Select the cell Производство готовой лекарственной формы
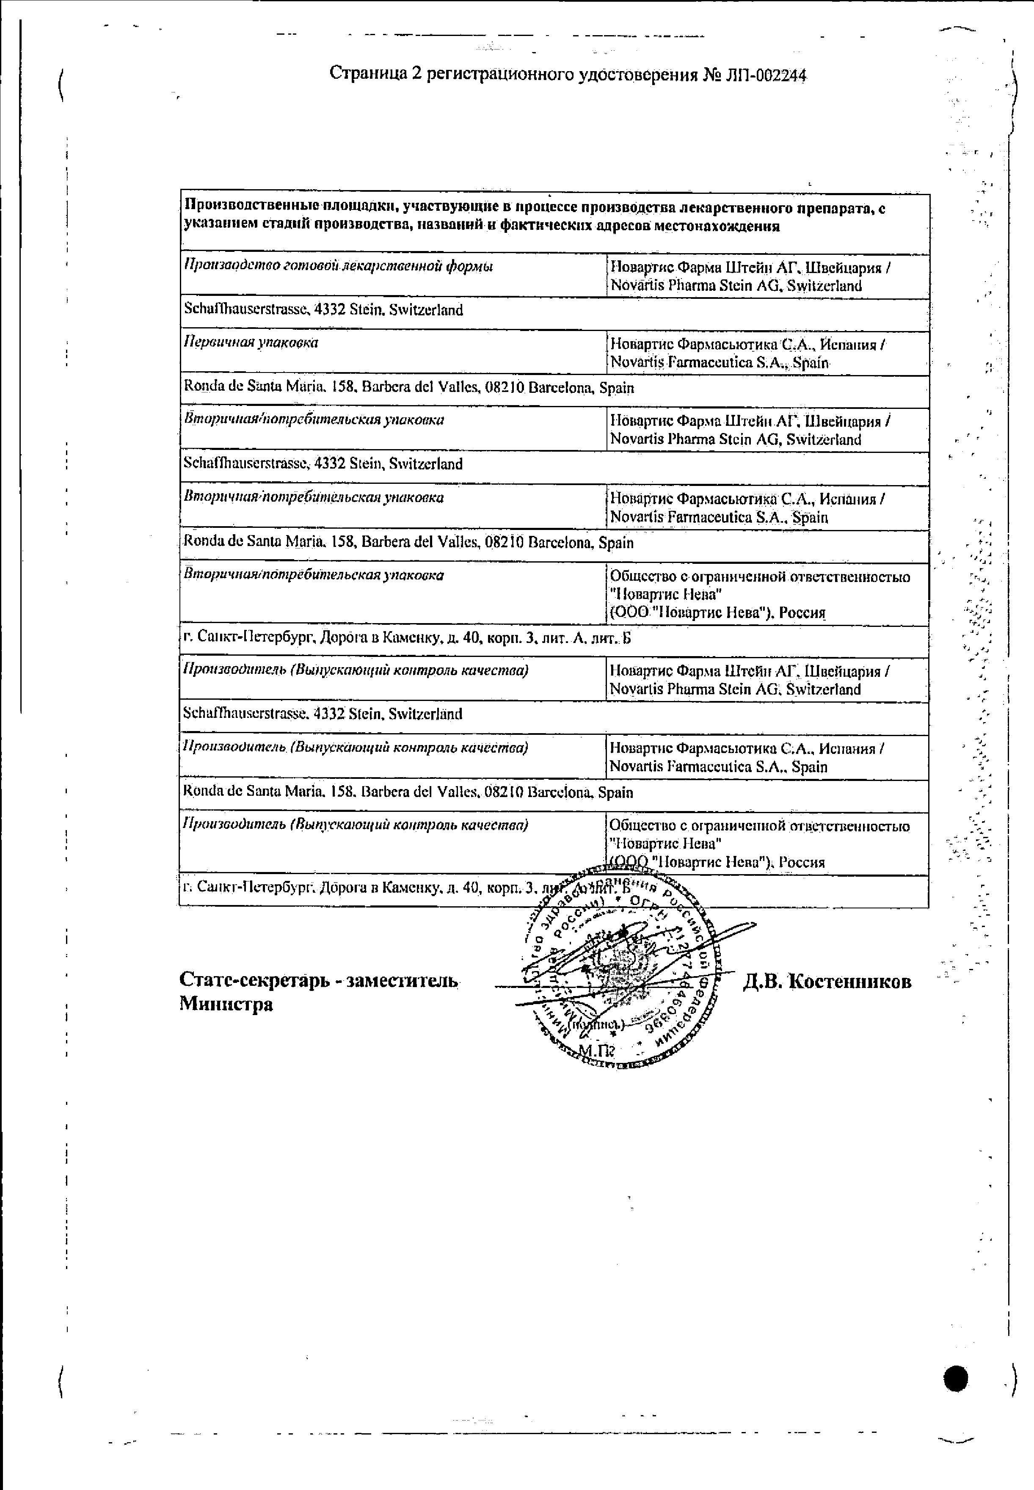coord(338,266)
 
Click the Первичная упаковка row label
coord(251,343)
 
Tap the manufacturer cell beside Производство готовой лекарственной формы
coord(750,276)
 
